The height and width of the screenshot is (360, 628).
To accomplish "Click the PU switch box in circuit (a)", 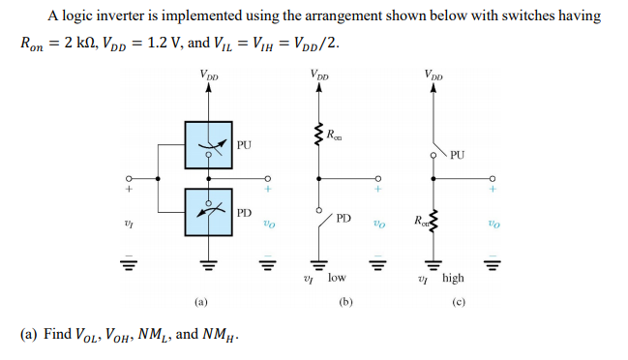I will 208,145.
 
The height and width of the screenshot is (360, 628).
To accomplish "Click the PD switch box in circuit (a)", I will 208,211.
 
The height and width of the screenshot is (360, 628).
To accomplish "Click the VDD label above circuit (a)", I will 208,74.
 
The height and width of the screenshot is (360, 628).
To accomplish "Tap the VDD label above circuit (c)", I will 433,74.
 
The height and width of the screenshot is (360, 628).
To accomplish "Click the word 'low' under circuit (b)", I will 336,278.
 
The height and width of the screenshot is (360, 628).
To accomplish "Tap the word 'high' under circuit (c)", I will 452,278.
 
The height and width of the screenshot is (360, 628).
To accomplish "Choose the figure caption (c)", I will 459,301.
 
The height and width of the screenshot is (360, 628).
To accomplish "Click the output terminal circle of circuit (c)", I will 493,178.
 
